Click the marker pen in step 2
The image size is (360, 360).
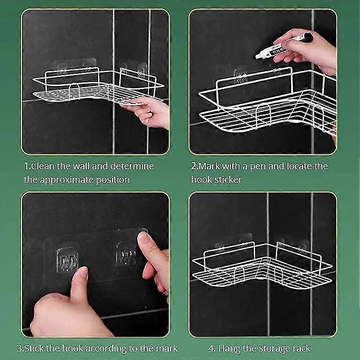(x=284, y=45)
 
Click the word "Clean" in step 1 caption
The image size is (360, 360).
(x=43, y=166)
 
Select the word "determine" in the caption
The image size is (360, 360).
(x=132, y=166)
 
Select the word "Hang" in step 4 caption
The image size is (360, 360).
(x=229, y=349)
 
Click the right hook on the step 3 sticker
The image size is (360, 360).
(x=126, y=254)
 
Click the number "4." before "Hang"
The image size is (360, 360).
(x=212, y=348)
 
